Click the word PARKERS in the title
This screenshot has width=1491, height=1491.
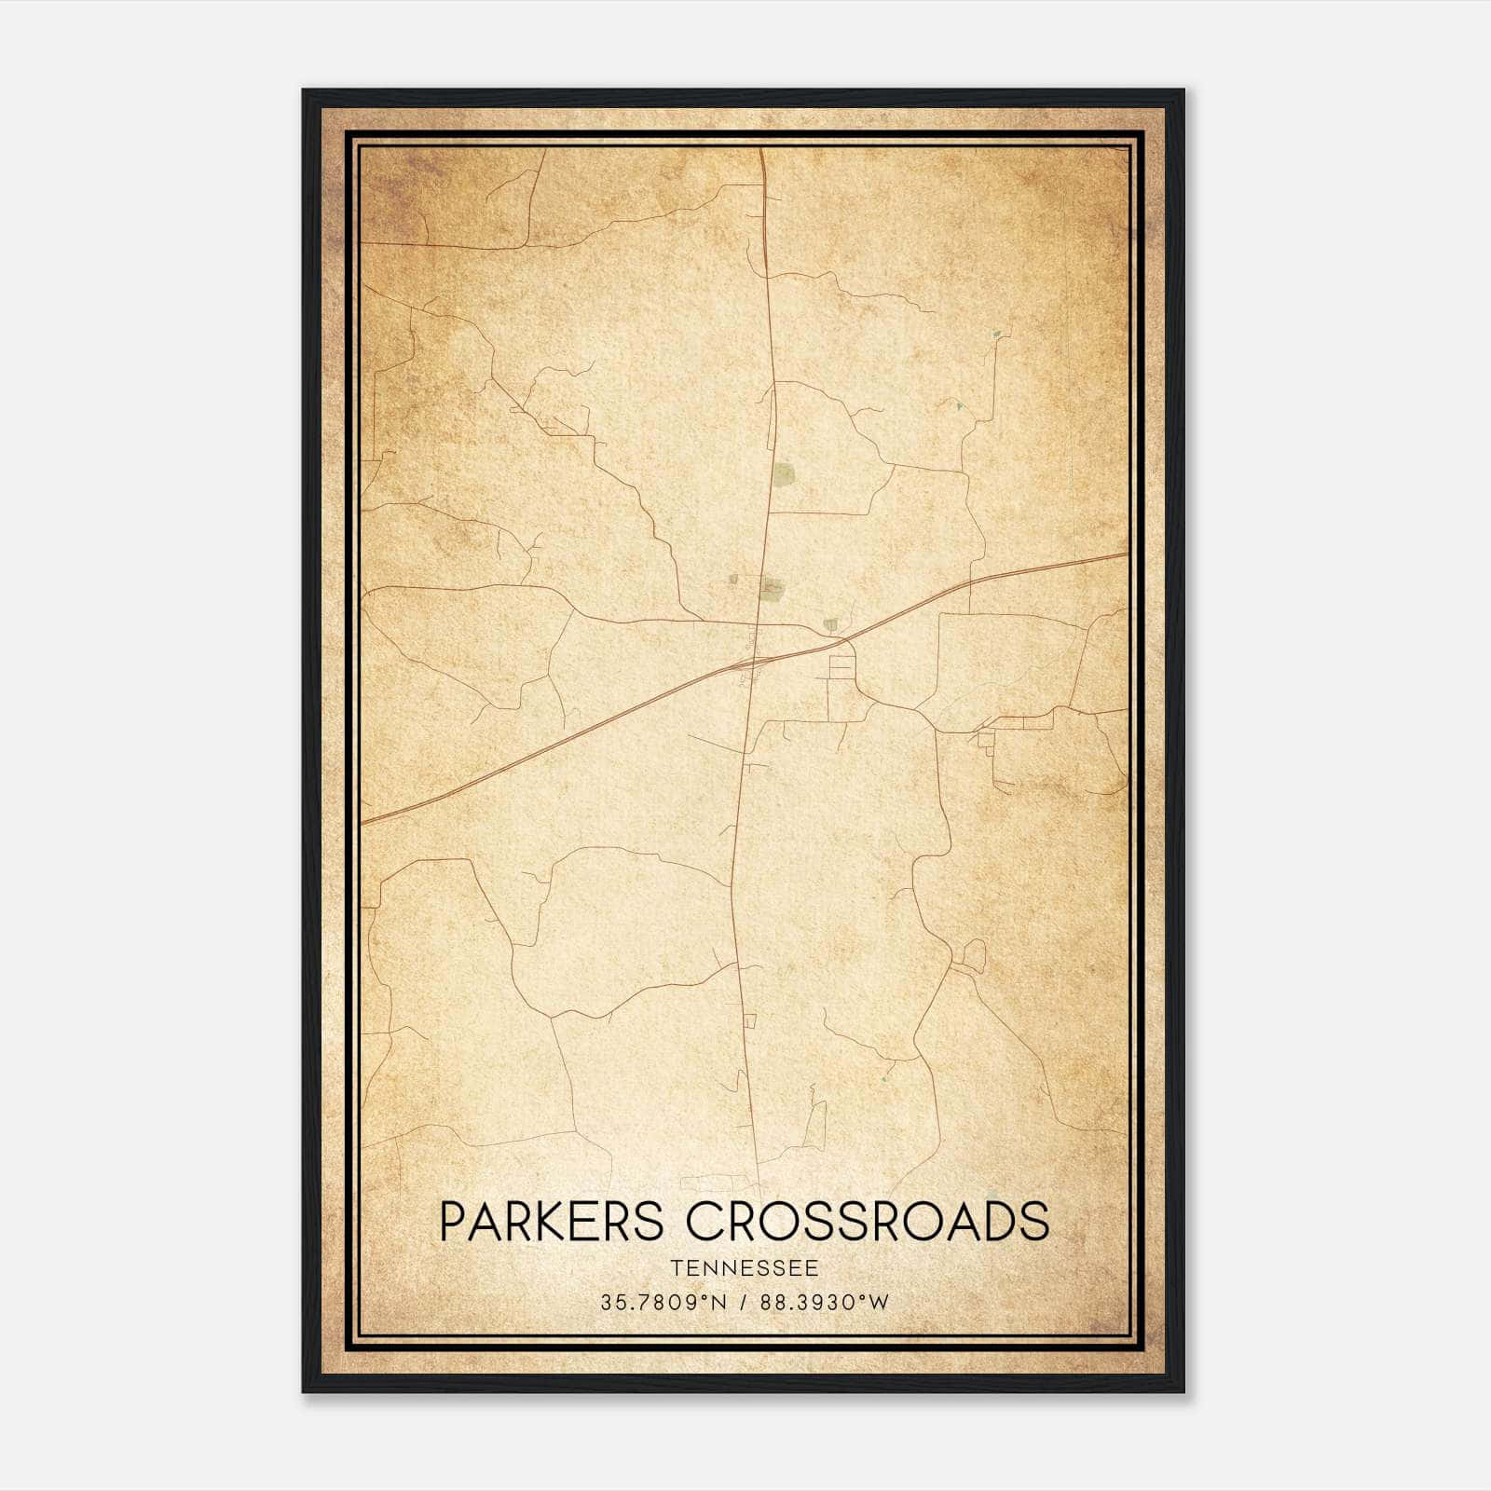551,1222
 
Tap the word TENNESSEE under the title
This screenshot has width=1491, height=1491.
744,1268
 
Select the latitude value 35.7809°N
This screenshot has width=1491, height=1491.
663,1303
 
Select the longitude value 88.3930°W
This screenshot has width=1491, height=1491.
825,1303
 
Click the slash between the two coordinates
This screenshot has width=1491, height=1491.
744,1303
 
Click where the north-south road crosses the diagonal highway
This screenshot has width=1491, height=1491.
756,661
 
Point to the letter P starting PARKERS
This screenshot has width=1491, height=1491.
452,1222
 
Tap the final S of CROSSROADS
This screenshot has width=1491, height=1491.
1034,1222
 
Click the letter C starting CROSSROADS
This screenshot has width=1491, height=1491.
706,1222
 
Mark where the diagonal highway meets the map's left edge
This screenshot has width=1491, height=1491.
362,823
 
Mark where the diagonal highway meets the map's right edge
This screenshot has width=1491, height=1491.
1127,554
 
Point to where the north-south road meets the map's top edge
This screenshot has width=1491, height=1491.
761,149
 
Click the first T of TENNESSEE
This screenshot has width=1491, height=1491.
673,1268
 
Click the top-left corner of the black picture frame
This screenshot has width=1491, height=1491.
303,90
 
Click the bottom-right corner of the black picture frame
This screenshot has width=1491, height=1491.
1183,1392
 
